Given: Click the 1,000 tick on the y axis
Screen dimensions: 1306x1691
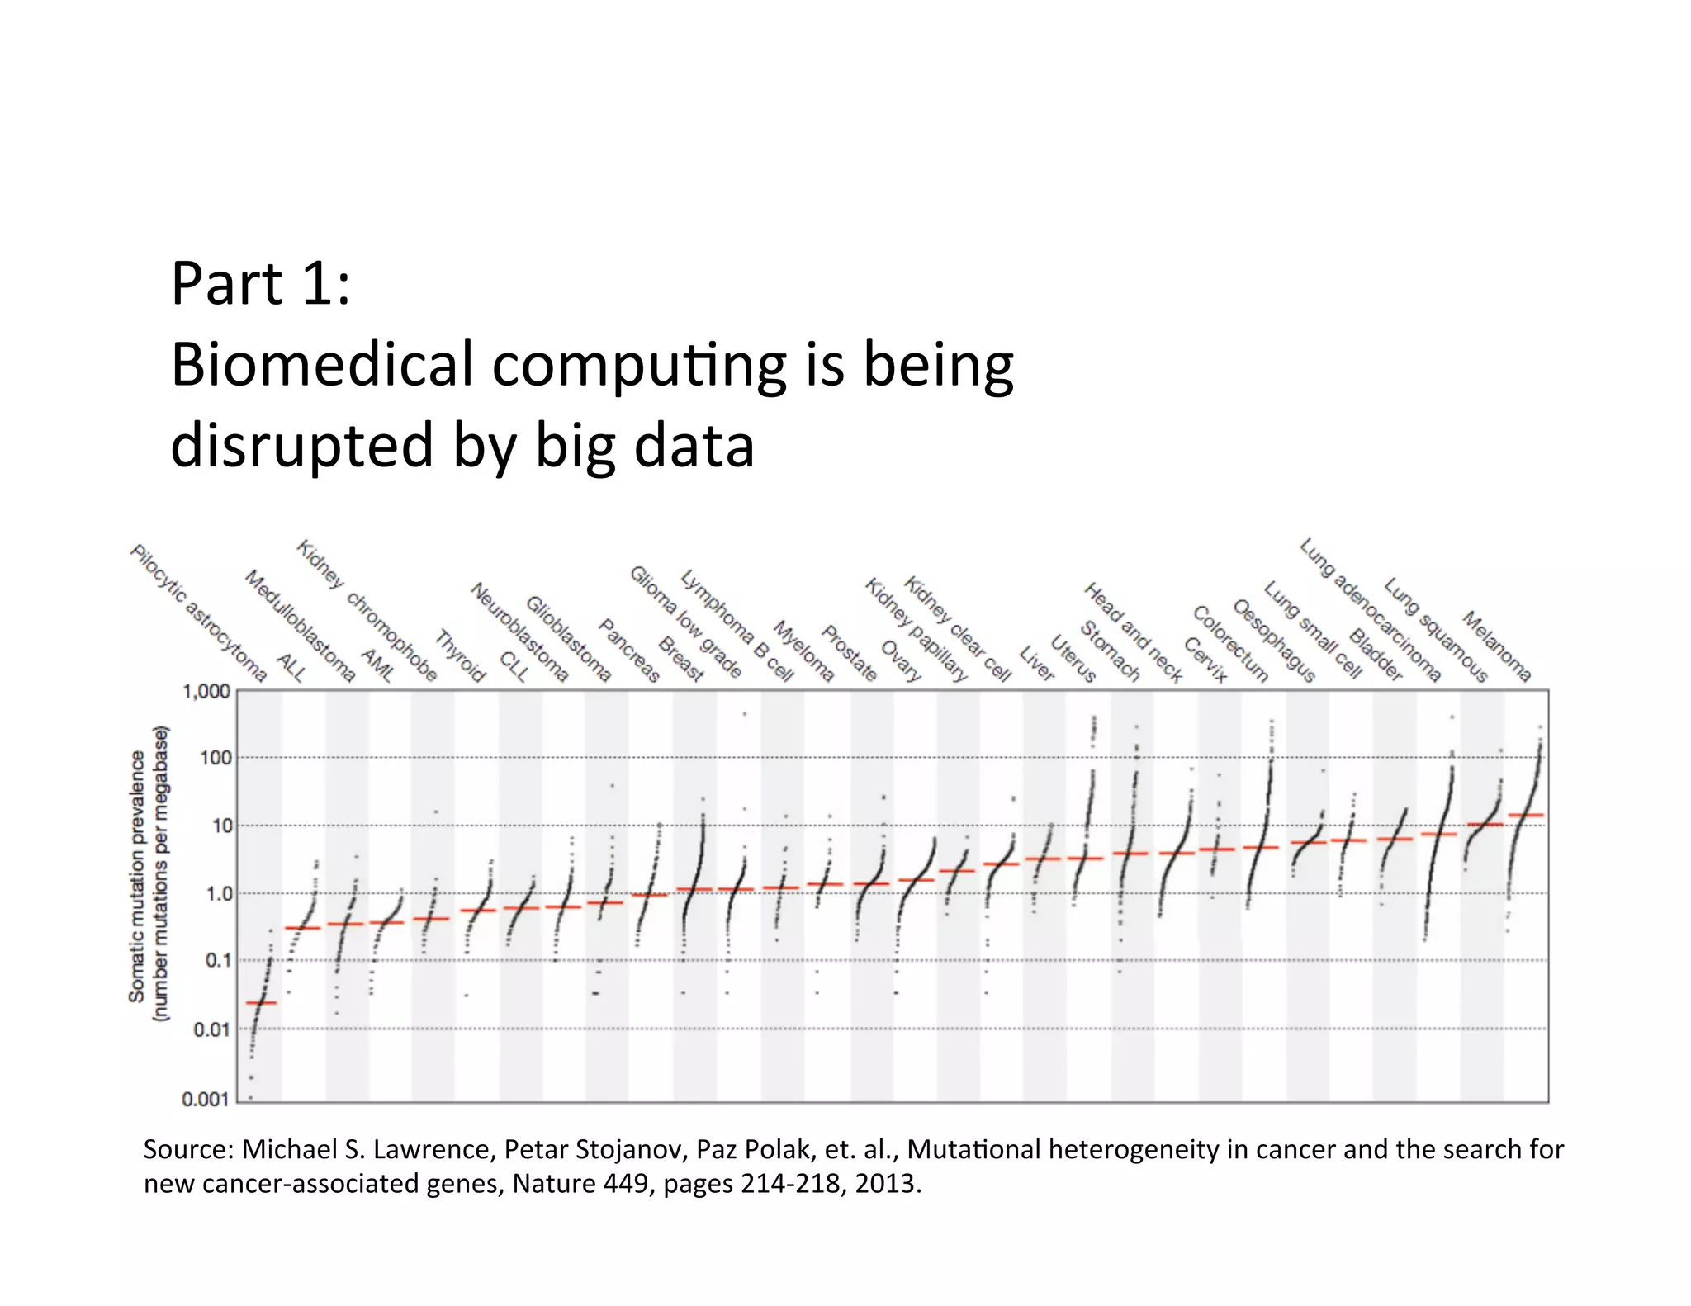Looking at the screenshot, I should [206, 691].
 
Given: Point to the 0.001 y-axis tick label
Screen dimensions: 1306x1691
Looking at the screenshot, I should [205, 1099].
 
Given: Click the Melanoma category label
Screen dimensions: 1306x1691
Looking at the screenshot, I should [1496, 646].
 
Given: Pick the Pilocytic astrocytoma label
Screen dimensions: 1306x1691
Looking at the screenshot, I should [198, 613].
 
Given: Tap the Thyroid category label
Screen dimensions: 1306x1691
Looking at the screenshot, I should [460, 655].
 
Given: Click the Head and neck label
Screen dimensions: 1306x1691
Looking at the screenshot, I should [1132, 632].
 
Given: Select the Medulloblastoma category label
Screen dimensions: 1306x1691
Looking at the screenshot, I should [300, 626].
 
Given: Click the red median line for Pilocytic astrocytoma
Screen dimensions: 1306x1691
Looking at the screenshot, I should [262, 1002].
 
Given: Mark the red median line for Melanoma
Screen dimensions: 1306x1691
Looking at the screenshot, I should [1526, 816].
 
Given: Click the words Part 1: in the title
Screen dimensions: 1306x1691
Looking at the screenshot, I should [261, 283].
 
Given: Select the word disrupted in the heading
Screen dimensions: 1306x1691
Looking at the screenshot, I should [301, 445].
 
